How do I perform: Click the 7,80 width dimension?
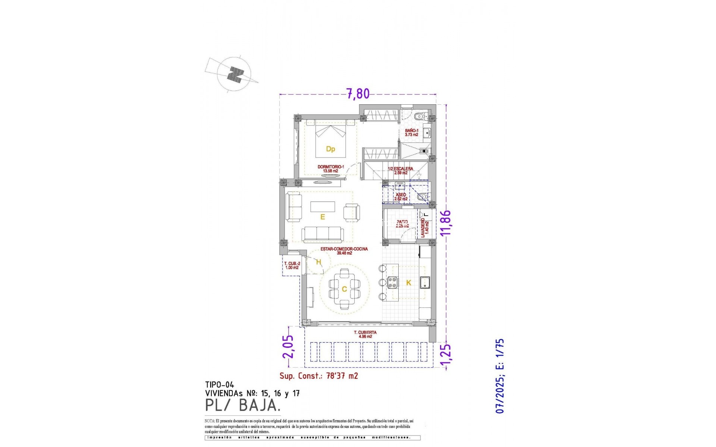(x=358, y=93)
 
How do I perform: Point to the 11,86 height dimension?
(x=446, y=222)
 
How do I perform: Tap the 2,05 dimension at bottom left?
(x=288, y=346)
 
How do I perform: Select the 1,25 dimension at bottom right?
(x=446, y=355)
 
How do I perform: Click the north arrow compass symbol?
(x=234, y=74)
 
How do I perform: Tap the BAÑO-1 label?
(x=411, y=133)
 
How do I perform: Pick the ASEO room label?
(x=401, y=197)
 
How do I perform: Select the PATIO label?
(x=402, y=224)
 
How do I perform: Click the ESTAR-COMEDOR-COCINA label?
(x=344, y=251)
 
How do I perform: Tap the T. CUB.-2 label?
(x=292, y=266)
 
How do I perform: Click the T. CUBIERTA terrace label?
(x=365, y=334)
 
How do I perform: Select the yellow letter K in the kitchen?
(x=408, y=283)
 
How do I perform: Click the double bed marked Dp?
(x=330, y=142)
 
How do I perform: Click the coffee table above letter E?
(x=323, y=206)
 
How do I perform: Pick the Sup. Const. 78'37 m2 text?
(x=318, y=376)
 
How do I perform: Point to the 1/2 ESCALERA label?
(x=400, y=171)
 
